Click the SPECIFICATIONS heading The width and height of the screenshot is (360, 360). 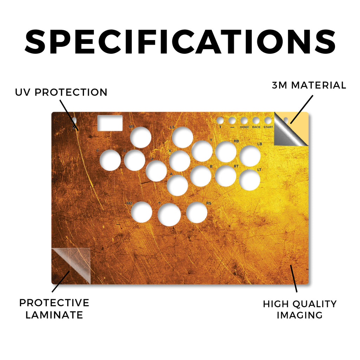[180, 42]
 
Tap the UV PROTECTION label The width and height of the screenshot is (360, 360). [61, 92]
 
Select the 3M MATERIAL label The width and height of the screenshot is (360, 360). [309, 85]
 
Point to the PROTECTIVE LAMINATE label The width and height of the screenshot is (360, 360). [54, 309]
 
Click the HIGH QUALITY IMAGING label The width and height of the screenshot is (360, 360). [300, 309]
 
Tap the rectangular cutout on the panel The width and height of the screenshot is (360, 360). [110, 123]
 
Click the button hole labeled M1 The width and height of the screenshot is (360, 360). [141, 137]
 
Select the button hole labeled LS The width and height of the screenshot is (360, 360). [182, 137]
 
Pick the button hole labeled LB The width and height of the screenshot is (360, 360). [250, 156]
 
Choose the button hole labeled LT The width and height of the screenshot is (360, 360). [250, 180]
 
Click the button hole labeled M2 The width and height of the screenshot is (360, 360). [142, 212]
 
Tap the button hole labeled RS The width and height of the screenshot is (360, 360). [197, 213]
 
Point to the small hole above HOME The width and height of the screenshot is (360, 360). [244, 121]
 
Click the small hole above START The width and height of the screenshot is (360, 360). [268, 121]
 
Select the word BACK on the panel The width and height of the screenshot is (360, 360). [256, 127]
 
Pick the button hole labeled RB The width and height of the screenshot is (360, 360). [226, 152]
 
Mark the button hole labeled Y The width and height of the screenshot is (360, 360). [202, 151]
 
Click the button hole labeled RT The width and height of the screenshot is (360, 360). [226, 176]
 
